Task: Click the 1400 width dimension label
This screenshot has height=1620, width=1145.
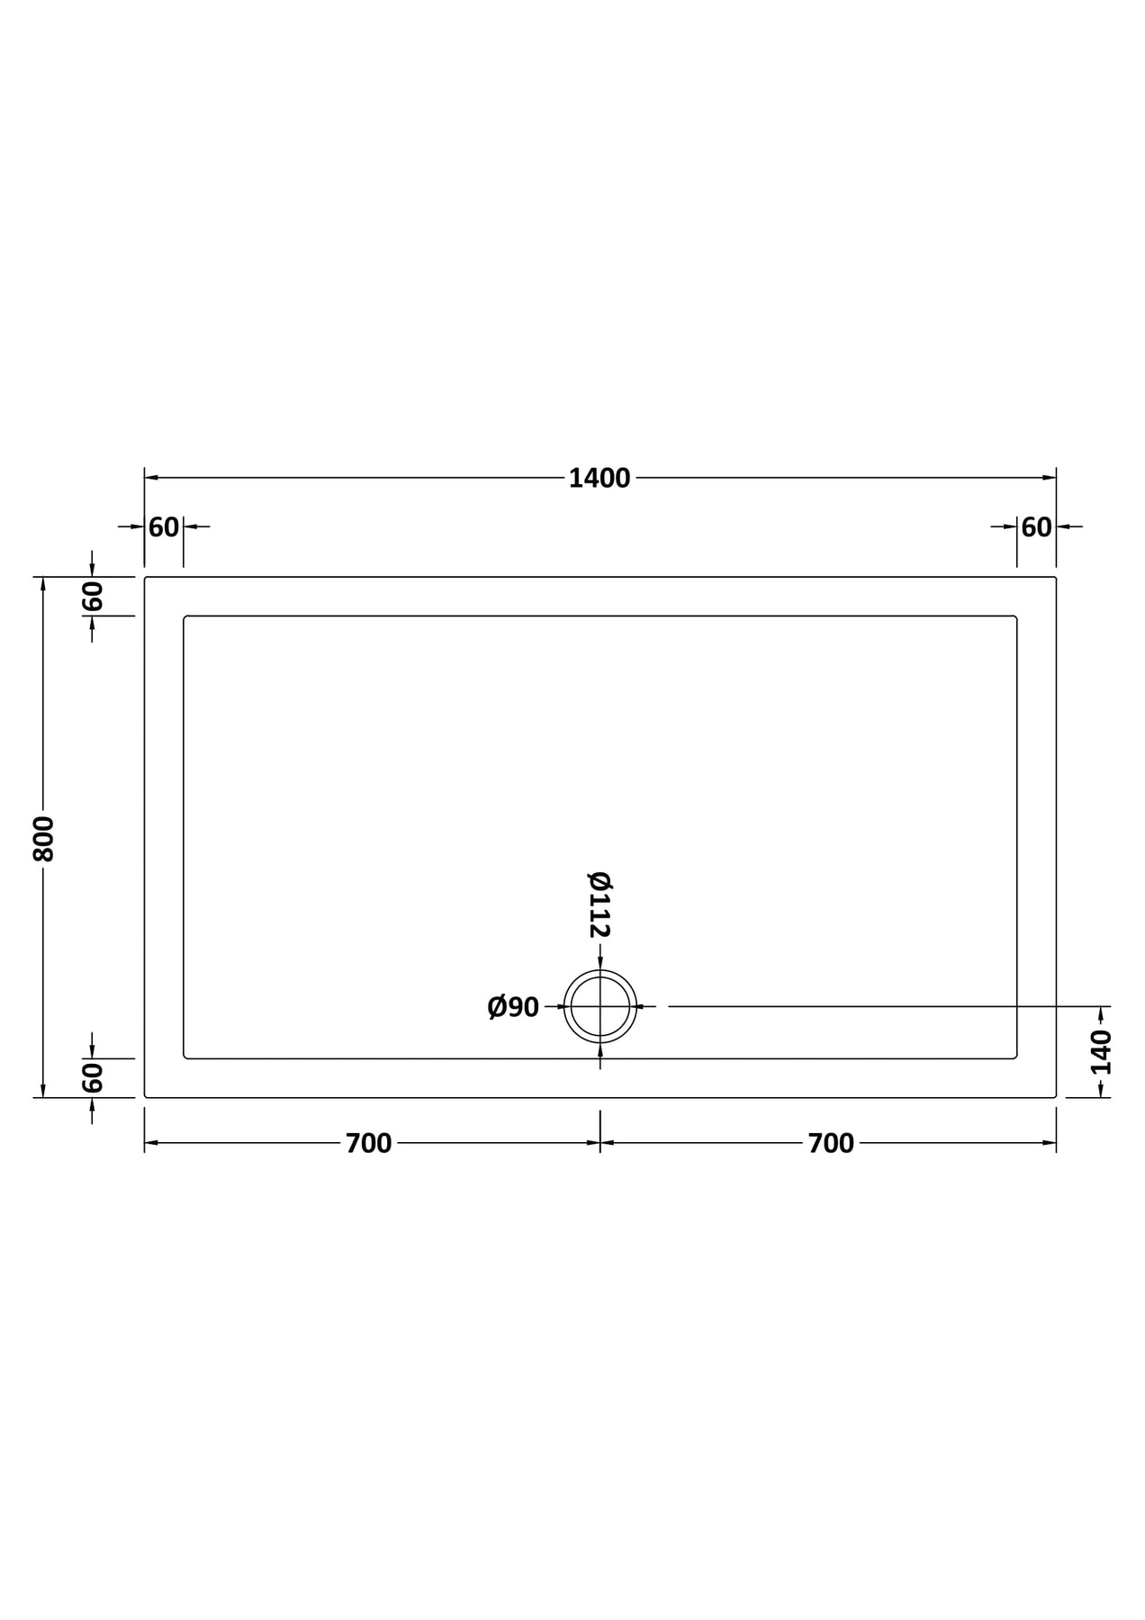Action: (599, 479)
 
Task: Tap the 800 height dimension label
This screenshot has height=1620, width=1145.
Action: (43, 839)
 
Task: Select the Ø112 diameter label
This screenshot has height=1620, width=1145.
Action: (600, 904)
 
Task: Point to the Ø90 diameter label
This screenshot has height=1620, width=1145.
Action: (513, 1007)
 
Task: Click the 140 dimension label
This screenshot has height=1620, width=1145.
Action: (1101, 1053)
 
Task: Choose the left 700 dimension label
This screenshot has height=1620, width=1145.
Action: (368, 1143)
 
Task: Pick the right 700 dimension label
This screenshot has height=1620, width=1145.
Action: (831, 1143)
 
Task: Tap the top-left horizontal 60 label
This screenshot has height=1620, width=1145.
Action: (164, 527)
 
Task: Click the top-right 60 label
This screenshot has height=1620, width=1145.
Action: (1036, 527)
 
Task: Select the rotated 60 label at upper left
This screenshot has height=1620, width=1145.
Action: (92, 596)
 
